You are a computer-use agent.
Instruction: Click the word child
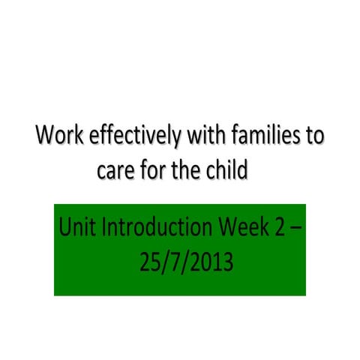click(x=227, y=171)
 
